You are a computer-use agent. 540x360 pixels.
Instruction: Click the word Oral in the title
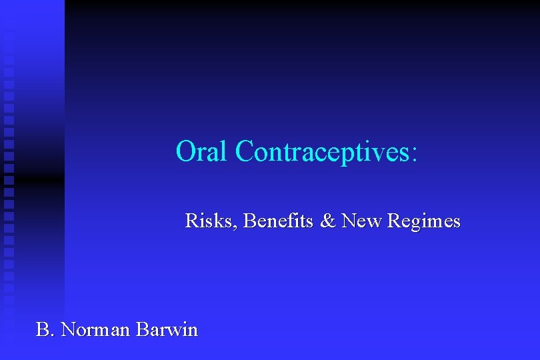tap(203, 151)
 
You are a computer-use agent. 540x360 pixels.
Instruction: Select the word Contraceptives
tap(323, 151)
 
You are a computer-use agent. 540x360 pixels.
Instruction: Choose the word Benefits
tap(278, 221)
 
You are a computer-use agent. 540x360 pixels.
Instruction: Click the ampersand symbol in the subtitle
tap(328, 221)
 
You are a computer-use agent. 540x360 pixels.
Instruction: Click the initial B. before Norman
tap(45, 329)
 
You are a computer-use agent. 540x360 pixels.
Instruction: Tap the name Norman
tap(95, 329)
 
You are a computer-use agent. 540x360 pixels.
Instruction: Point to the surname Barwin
tap(167, 329)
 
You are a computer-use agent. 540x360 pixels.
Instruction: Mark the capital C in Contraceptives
tap(244, 151)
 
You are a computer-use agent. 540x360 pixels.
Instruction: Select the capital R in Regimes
tap(392, 221)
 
